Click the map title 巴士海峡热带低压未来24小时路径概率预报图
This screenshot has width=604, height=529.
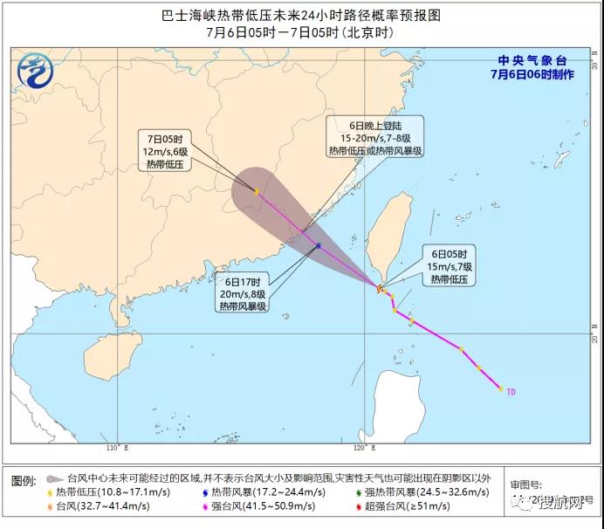301,15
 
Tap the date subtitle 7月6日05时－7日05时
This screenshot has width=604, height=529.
301,32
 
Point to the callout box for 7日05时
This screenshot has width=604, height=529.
165,150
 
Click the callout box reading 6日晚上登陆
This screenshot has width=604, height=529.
375,137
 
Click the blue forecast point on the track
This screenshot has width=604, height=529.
319,246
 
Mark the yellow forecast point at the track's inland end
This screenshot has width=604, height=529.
256,191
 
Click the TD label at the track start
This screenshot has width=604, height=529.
511,392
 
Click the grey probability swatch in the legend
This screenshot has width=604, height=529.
54,479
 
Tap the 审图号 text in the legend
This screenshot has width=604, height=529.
528,483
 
